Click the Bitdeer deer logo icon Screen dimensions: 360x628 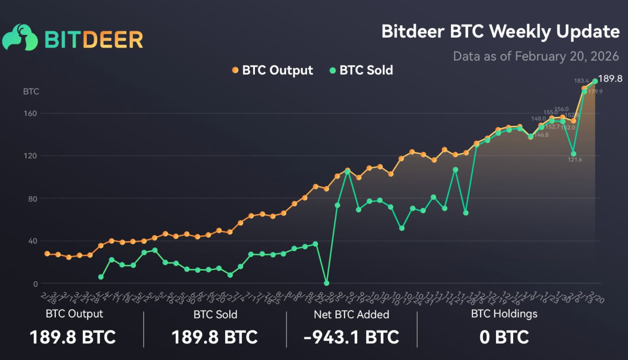(20, 37)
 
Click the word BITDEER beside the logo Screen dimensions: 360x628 (94, 40)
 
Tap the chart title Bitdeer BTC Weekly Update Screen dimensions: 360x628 (500, 32)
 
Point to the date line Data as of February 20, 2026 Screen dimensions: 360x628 (536, 56)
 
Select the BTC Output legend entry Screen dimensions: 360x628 (272, 70)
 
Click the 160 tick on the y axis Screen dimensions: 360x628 (30, 113)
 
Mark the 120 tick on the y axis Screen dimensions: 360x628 (30, 156)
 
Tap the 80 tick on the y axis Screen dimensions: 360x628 (32, 199)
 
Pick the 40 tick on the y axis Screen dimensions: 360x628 (32, 241)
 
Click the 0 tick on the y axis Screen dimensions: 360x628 (35, 284)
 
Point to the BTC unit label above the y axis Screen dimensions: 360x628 (31, 91)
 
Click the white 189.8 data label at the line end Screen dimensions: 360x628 (610, 79)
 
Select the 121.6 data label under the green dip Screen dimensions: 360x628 (575, 160)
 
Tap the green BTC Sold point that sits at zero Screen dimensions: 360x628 (327, 283)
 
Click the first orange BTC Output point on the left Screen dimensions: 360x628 (47, 254)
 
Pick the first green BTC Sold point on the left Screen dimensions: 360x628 (101, 277)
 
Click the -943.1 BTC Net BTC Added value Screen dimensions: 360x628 (351, 337)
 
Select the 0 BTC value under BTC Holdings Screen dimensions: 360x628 (504, 337)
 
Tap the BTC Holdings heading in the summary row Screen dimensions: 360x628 (504, 314)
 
